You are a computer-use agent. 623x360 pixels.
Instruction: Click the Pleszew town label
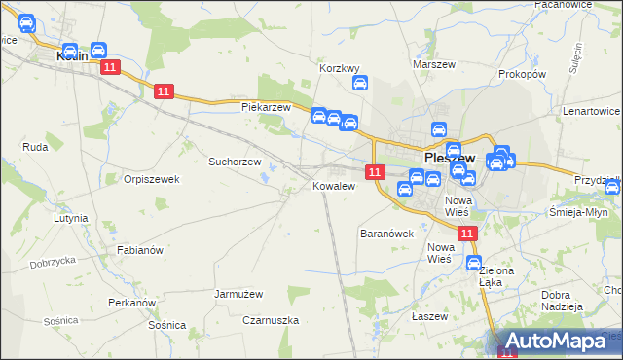click(x=449, y=158)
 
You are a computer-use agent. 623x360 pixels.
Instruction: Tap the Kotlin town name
click(x=74, y=55)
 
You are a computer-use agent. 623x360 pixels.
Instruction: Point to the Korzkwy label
click(x=341, y=69)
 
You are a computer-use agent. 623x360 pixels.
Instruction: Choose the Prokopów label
click(x=522, y=74)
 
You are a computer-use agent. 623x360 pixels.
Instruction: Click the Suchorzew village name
click(x=235, y=162)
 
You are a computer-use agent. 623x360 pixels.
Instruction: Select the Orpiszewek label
click(x=152, y=179)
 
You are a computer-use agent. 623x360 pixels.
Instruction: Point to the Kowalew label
click(x=333, y=185)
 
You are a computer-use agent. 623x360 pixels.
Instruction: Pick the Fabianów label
click(x=139, y=250)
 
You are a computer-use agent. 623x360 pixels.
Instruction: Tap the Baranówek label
click(x=387, y=234)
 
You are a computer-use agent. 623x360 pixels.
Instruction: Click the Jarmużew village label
click(x=238, y=293)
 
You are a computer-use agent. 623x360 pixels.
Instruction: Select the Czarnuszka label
click(x=271, y=320)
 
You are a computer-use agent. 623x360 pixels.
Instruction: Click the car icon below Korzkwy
click(x=359, y=84)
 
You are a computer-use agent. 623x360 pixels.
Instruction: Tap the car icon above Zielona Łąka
click(x=474, y=263)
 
